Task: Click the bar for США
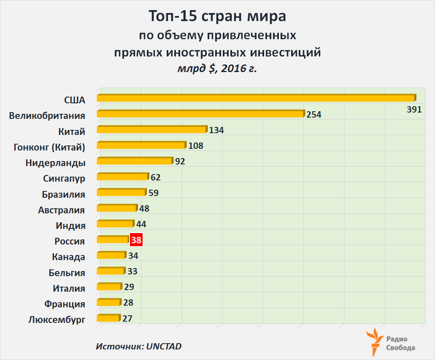tap(255, 98)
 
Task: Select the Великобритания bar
tap(200, 114)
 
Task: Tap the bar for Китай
tap(152, 129)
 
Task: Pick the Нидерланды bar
tap(135, 161)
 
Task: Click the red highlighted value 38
tap(136, 240)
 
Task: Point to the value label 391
tap(414, 110)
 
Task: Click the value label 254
tap(314, 114)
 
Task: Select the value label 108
tap(196, 146)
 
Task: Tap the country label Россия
tap(70, 242)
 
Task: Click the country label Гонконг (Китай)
tap(49, 147)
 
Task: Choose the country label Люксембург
tap(57, 320)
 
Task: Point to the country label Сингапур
tap(64, 178)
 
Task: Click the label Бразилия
tap(64, 194)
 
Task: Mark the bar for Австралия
tap(117, 208)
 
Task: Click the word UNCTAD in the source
tap(164, 347)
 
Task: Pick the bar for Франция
tap(108, 302)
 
